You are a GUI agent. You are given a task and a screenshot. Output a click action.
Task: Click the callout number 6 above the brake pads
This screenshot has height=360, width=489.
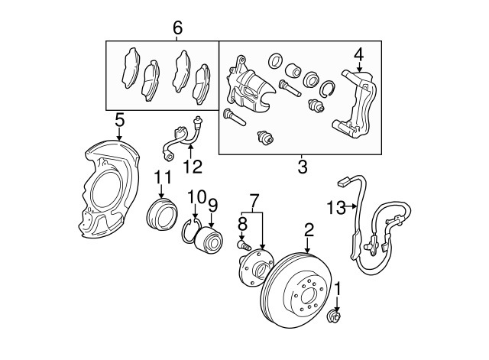point(177,28)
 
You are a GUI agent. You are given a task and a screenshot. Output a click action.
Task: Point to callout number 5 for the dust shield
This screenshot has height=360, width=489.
point(119,119)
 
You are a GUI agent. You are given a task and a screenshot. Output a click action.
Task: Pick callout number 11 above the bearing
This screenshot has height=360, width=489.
point(161,178)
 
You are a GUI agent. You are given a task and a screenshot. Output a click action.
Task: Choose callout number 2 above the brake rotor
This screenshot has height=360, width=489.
point(308,229)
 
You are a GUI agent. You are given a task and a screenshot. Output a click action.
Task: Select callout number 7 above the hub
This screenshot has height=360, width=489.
point(254,200)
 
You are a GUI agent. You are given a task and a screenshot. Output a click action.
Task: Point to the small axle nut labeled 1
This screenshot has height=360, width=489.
point(335,316)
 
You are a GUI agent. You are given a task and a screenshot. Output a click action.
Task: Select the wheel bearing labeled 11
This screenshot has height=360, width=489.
point(161,214)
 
